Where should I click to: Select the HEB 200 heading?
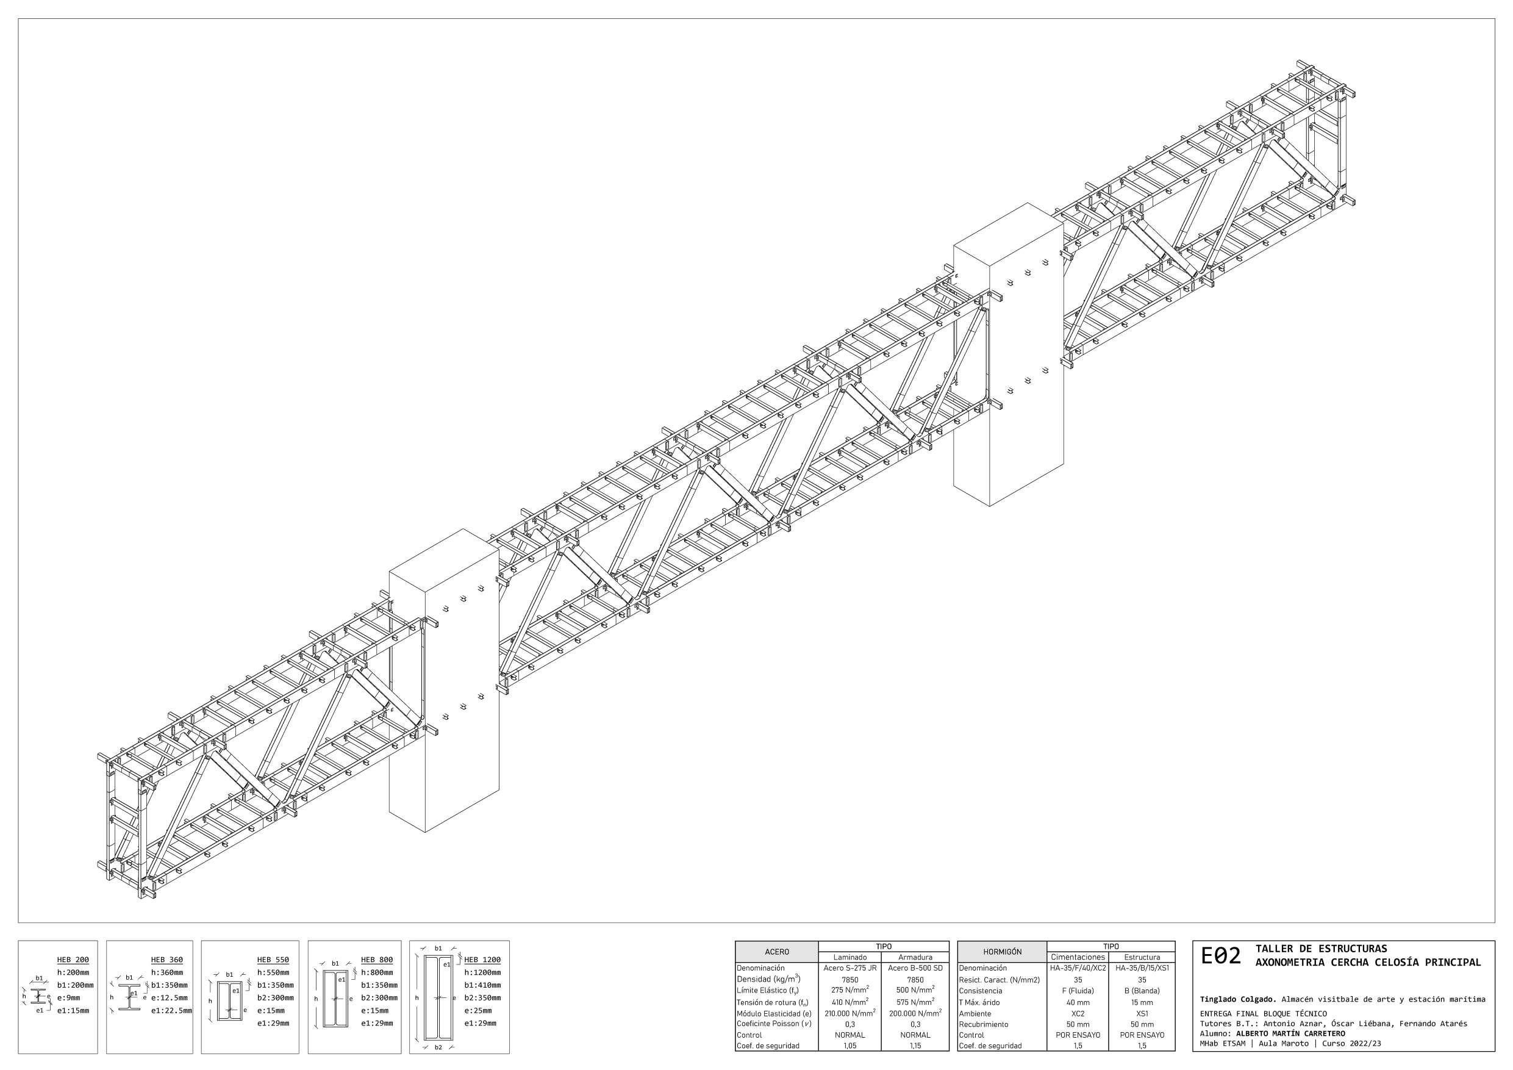pyautogui.click(x=73, y=960)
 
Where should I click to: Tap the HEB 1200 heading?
pyautogui.click(x=482, y=960)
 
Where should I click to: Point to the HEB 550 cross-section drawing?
pyautogui.click(x=229, y=1000)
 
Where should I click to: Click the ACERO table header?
pyautogui.click(x=776, y=952)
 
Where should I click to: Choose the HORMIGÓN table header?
pyautogui.click(x=1001, y=952)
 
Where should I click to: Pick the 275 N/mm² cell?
pyautogui.click(x=850, y=990)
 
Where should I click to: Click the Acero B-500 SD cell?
pyautogui.click(x=915, y=969)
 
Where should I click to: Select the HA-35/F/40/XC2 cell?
pyautogui.click(x=1078, y=969)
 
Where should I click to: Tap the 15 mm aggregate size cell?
pyautogui.click(x=1142, y=1002)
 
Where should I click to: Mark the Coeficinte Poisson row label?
pyautogui.click(x=774, y=1024)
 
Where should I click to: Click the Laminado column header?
pyautogui.click(x=850, y=957)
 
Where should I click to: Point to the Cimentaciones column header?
pyautogui.click(x=1078, y=957)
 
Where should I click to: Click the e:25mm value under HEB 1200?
pyautogui.click(x=478, y=1011)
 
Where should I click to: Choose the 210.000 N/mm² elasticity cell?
pyautogui.click(x=850, y=1013)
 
